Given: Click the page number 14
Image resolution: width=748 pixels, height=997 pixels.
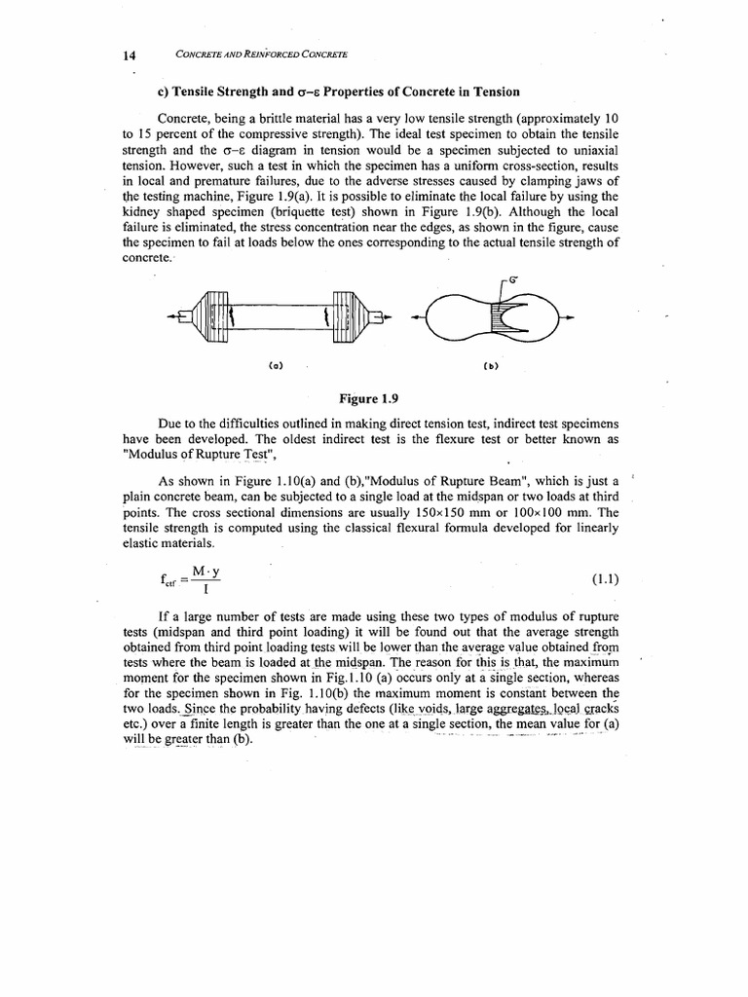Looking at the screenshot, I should point(129,55).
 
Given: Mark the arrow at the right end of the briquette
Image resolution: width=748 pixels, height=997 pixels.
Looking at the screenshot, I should point(569,316).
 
